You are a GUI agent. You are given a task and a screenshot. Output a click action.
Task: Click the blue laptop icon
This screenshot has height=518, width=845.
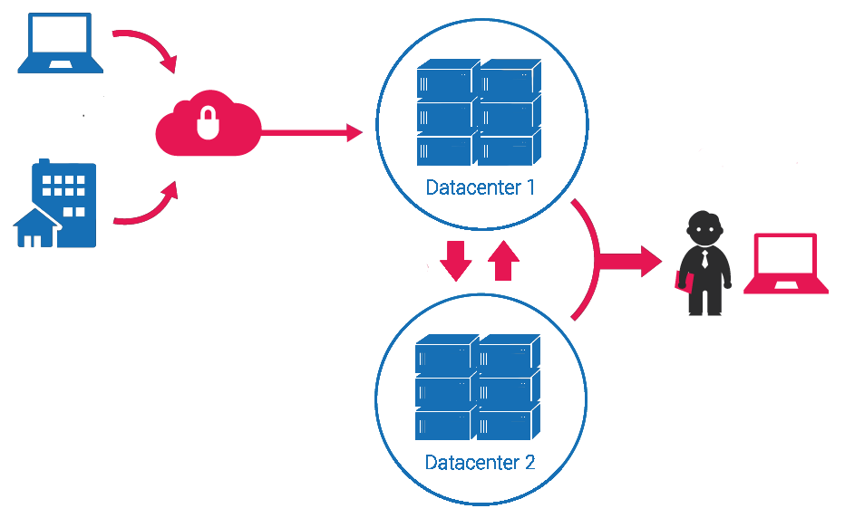click(59, 45)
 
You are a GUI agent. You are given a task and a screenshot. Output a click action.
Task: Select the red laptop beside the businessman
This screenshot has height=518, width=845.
click(785, 264)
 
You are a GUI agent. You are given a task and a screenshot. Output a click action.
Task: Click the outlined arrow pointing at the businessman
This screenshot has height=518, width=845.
click(626, 261)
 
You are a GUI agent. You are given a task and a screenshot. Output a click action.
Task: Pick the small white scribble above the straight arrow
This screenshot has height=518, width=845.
click(301, 112)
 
